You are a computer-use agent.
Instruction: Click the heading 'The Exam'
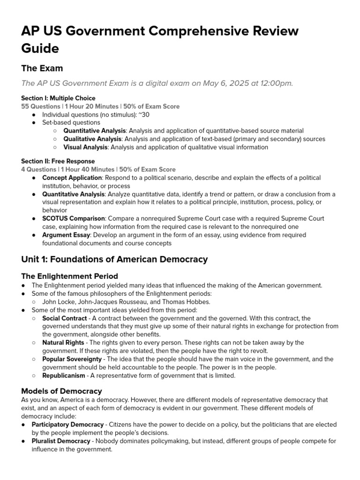click(x=42, y=68)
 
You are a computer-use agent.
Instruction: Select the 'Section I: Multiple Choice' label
click(x=58, y=98)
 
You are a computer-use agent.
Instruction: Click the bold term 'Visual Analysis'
click(x=86, y=147)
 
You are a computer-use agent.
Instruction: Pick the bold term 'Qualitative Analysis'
click(x=92, y=139)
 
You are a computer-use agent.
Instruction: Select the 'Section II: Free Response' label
click(x=58, y=161)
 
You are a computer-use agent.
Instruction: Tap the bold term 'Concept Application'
click(x=72, y=178)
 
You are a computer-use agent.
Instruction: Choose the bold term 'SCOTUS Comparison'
click(x=71, y=218)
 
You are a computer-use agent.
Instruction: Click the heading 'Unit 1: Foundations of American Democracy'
click(x=114, y=259)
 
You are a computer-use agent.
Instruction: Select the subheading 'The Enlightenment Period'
click(x=69, y=276)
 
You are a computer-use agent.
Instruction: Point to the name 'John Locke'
click(x=58, y=302)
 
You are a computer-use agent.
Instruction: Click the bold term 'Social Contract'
click(x=65, y=318)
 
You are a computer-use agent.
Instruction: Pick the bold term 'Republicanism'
click(x=64, y=375)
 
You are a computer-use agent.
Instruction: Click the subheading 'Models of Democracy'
click(x=61, y=391)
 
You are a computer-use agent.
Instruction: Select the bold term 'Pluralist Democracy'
click(x=60, y=441)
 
